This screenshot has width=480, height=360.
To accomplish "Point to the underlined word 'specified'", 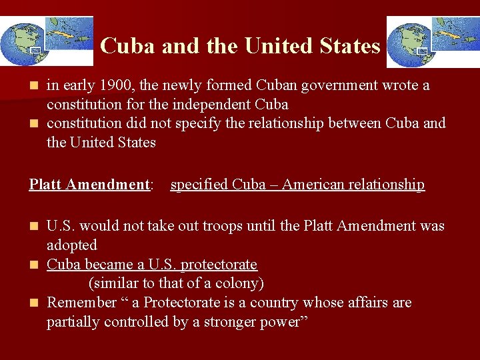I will point(199,185).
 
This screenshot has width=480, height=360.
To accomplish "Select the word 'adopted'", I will point(72,245).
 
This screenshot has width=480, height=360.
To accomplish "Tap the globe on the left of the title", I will point(21,44).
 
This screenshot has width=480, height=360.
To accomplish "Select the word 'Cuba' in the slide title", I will point(127,46).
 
